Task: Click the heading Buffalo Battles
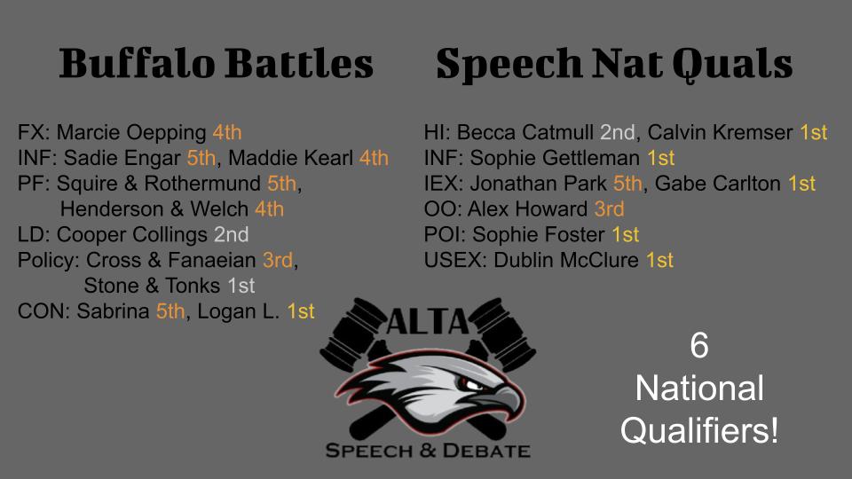pos(217,63)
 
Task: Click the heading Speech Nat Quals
pos(614,65)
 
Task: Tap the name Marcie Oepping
pos(131,132)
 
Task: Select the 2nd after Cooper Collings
pos(232,234)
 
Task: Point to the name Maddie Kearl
pos(291,158)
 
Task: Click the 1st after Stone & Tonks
pos(241,286)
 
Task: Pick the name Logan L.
pos(239,311)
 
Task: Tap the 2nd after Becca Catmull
pos(618,132)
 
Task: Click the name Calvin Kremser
pos(720,132)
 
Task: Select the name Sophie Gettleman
pos(555,158)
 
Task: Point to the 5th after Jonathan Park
pos(627,184)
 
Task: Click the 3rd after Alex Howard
pos(609,209)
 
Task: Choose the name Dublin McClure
pos(566,260)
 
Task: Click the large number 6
pos(699,345)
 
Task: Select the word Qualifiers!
pos(699,431)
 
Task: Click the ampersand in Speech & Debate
pos(427,451)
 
